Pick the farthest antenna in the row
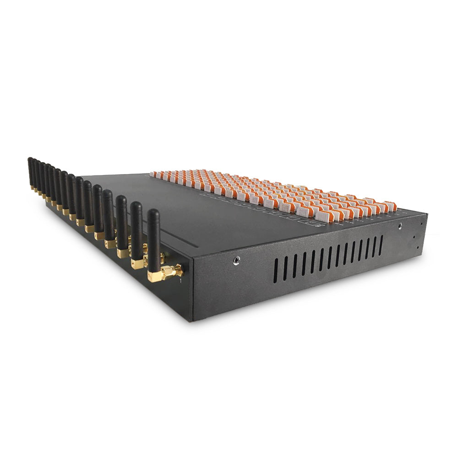(x=30, y=172)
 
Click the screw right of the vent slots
(x=400, y=226)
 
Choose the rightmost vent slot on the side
(x=381, y=245)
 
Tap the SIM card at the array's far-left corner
(x=153, y=174)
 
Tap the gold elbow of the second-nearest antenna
(x=137, y=264)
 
